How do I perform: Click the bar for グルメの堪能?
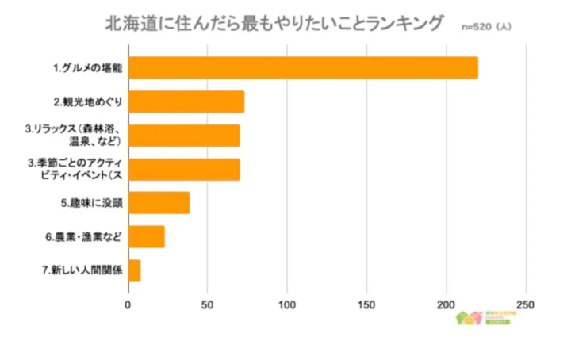pos(302,68)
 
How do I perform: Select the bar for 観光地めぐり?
pos(186,102)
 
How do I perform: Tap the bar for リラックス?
pos(183,136)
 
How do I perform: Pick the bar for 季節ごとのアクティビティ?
pos(183,170)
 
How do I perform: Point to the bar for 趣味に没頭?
pos(159,203)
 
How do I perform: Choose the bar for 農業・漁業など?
pos(146,236)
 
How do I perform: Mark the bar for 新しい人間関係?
pos(134,270)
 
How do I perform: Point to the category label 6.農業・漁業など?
pos(83,236)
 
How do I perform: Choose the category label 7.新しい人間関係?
pos(82,270)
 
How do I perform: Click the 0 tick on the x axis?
pos(128,303)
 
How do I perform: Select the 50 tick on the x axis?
pos(208,303)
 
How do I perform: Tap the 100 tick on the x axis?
pos(287,303)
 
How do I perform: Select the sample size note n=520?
pos(485,27)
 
